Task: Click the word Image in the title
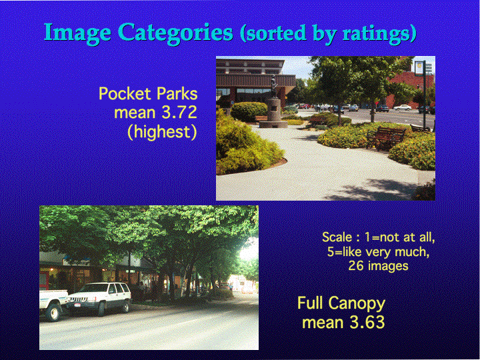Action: tap(77, 33)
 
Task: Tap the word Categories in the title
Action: tap(175, 33)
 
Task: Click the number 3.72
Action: tap(179, 113)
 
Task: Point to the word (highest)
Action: tap(162, 132)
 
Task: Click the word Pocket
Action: tap(125, 93)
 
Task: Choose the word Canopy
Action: tap(357, 304)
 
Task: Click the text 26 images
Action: tap(379, 266)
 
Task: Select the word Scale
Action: tap(337, 237)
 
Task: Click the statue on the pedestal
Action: tap(274, 86)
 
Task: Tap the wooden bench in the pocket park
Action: tap(386, 137)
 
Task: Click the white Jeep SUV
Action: tap(99, 299)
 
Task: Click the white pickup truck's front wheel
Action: tap(54, 312)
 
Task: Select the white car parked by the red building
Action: tap(402, 107)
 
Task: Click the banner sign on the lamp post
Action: tap(419, 67)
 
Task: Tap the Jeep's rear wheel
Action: tap(125, 306)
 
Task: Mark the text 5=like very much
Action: tap(378, 251)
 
